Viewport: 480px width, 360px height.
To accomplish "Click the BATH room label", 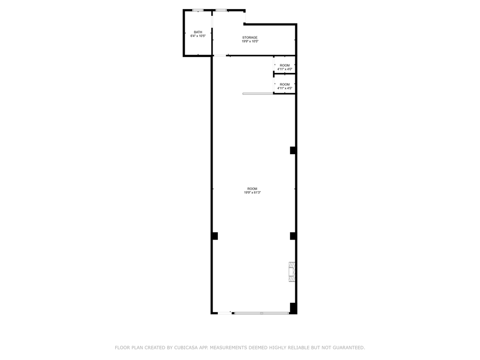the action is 198,32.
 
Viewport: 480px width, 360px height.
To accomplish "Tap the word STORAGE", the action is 250,37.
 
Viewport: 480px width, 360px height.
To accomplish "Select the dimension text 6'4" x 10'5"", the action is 198,36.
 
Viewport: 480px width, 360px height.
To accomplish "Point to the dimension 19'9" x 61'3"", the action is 252,192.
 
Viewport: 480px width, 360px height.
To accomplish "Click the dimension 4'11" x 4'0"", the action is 285,69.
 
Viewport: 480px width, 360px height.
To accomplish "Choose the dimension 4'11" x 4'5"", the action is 285,88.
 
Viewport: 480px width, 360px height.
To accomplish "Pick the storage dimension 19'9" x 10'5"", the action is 250,41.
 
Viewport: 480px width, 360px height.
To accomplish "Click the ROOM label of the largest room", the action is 252,189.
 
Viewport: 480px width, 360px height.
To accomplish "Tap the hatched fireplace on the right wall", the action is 292,272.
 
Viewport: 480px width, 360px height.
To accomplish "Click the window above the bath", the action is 198,10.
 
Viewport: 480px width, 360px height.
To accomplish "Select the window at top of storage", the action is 221,10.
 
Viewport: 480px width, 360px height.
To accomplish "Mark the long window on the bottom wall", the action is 262,313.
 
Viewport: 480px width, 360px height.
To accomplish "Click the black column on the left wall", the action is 215,236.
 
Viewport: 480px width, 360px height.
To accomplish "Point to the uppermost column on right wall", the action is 293,150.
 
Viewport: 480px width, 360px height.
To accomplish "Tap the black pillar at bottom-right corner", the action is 293,308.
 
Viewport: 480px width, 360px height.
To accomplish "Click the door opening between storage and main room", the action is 220,56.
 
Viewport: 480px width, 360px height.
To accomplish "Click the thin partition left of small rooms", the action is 258,94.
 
